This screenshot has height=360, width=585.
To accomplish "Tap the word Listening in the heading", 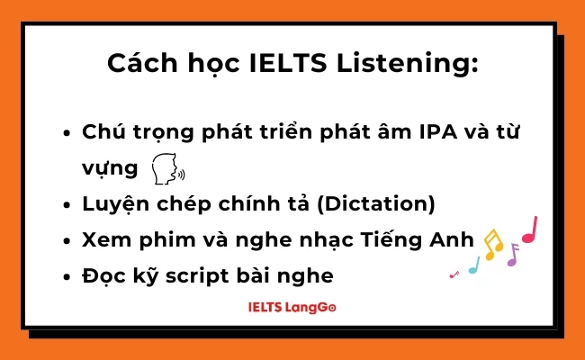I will click(x=409, y=65).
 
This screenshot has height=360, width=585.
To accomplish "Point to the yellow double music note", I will click(x=492, y=243).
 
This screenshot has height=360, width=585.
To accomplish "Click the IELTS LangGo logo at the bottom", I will click(x=292, y=307).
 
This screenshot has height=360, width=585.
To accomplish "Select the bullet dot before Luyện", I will click(x=68, y=204).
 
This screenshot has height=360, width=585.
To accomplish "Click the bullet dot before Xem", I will click(x=68, y=240).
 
